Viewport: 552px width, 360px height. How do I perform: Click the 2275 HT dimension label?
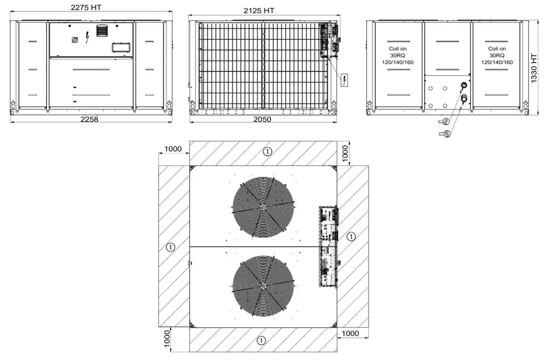click(86, 8)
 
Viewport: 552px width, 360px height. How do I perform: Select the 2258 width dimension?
click(89, 120)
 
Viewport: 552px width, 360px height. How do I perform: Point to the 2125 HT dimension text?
click(259, 10)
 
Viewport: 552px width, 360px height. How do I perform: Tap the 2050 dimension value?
click(262, 120)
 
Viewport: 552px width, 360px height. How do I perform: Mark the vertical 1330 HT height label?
click(534, 68)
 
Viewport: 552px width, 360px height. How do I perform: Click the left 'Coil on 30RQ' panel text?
click(398, 55)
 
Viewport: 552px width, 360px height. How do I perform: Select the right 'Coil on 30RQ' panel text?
click(497, 55)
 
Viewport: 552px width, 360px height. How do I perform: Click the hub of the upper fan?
click(263, 206)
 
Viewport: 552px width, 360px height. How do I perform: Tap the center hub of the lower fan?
click(263, 286)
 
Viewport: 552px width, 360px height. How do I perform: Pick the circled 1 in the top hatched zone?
click(268, 152)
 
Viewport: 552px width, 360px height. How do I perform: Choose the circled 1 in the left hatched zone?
click(170, 247)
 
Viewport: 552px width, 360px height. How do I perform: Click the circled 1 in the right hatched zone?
click(351, 236)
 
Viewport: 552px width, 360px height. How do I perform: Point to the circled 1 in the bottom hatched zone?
click(261, 340)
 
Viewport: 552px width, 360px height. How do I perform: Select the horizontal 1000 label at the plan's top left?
click(173, 149)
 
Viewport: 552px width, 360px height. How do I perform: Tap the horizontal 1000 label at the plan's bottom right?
click(350, 334)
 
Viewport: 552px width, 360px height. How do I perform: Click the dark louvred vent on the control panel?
click(100, 32)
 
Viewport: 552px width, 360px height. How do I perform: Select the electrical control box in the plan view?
click(328, 247)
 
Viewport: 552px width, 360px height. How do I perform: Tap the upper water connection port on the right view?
click(464, 85)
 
